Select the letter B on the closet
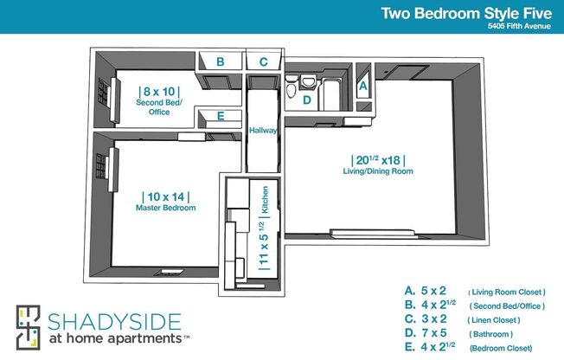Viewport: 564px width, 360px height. (221, 61)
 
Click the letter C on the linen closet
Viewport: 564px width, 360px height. (264, 61)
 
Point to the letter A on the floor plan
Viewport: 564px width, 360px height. (363, 86)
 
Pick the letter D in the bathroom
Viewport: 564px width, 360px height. (306, 100)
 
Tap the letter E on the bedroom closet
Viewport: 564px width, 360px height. (221, 116)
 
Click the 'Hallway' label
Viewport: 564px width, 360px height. (262, 131)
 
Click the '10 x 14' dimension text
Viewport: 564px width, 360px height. (165, 196)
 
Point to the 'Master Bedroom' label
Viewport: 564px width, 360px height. (165, 209)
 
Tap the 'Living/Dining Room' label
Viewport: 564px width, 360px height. (378, 171)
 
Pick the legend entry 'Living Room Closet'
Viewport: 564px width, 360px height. (507, 292)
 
